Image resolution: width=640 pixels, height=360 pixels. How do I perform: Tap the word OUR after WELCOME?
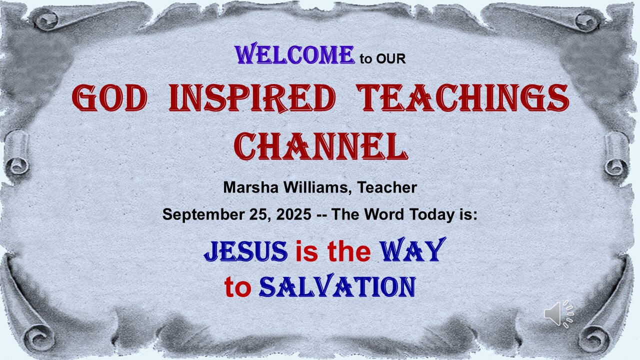(391, 59)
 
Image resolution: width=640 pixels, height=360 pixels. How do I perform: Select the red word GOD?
(109, 97)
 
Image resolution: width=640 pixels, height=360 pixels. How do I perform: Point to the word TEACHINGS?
(462, 97)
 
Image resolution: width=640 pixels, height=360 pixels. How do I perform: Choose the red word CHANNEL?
(321, 146)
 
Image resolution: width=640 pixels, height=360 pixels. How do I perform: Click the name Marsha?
(250, 187)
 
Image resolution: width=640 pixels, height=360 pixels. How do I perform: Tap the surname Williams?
(317, 187)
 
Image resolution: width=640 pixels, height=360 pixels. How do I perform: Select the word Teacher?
(387, 187)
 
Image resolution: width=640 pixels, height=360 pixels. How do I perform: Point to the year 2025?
(293, 214)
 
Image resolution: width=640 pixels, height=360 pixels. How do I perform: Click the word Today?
(431, 214)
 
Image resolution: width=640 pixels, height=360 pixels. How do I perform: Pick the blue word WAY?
(412, 249)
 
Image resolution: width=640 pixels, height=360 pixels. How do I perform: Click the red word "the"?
(349, 251)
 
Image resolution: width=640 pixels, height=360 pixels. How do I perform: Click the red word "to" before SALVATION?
(237, 287)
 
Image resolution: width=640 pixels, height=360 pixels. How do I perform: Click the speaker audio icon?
(559, 313)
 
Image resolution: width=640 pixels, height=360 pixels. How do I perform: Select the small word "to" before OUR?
(366, 59)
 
